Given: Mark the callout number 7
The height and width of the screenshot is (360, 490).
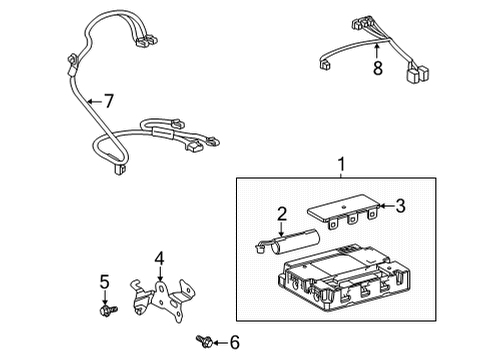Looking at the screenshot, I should (x=109, y=100).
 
